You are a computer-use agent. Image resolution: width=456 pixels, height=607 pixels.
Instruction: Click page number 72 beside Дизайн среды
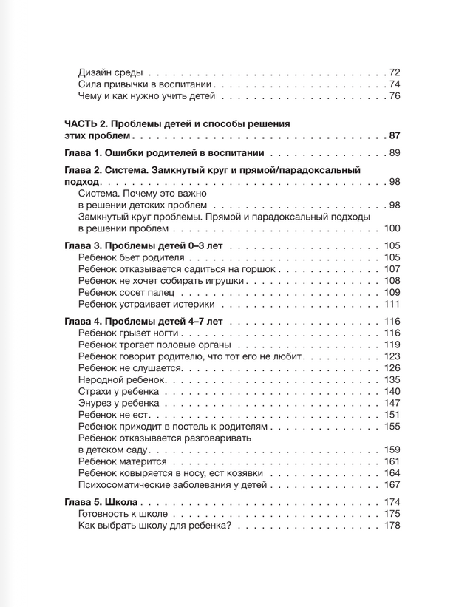coord(394,72)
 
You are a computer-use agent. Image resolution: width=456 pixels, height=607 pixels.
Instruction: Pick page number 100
coord(392,228)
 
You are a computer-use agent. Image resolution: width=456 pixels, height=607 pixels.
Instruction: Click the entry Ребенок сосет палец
coord(126,293)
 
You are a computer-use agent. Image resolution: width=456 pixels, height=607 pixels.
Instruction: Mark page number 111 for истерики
coord(392,305)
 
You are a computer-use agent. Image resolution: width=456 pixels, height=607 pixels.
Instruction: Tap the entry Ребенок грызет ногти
coord(127,333)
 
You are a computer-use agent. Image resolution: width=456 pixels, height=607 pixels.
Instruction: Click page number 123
coord(392,357)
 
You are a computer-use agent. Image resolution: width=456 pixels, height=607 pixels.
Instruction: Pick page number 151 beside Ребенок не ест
coord(392,416)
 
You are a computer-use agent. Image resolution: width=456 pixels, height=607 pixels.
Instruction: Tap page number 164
coord(392,474)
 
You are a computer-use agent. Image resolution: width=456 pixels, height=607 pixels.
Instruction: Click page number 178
coord(392,526)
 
